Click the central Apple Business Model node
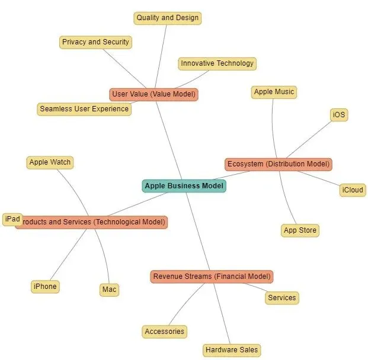pyautogui.click(x=184, y=186)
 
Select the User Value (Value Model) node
pyautogui.click(x=153, y=94)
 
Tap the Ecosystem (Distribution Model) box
pyautogui.click(x=279, y=164)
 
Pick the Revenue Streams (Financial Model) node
pyautogui.click(x=212, y=277)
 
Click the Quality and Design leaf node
pyautogui.click(x=168, y=18)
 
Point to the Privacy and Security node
pyautogui.click(x=95, y=42)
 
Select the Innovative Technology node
pyautogui.click(x=217, y=63)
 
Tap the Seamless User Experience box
pyautogui.click(x=84, y=109)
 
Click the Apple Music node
pyautogui.click(x=274, y=92)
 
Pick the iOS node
pyautogui.click(x=339, y=115)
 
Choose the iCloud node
pyautogui.click(x=353, y=190)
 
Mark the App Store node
pyautogui.click(x=300, y=230)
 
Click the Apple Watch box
pyautogui.click(x=50, y=162)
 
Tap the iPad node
pyautogui.click(x=12, y=220)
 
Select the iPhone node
pyautogui.click(x=46, y=287)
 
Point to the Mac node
pyautogui.click(x=109, y=290)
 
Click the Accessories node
pyautogui.click(x=165, y=332)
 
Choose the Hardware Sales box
pyautogui.click(x=232, y=350)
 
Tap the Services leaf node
pyautogui.click(x=281, y=298)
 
